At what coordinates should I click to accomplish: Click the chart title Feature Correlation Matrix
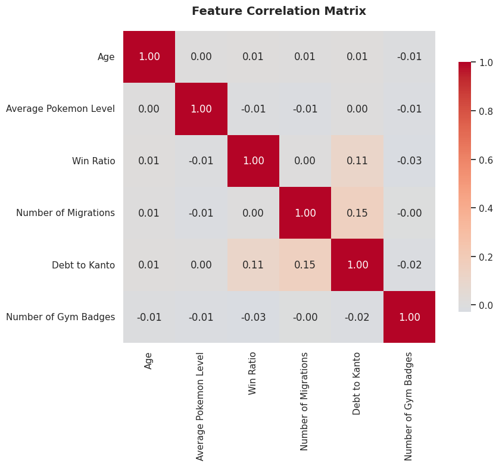(279, 11)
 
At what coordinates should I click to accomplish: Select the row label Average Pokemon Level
(60, 109)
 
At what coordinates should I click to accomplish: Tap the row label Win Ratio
(93, 161)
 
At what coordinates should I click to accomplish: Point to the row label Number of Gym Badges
(60, 317)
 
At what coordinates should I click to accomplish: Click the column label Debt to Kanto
(357, 383)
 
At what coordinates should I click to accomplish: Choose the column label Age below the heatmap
(149, 361)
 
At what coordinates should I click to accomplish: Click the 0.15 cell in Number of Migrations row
(357, 213)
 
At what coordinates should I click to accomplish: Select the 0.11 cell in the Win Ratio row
(357, 161)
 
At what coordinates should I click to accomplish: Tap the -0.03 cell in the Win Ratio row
(409, 161)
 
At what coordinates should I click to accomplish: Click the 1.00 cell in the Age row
(149, 57)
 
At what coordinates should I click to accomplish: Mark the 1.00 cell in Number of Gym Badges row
(409, 317)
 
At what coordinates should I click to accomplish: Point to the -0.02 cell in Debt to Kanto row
(409, 265)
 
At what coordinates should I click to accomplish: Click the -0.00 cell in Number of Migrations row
(409, 213)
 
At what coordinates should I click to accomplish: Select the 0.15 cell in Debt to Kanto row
(305, 265)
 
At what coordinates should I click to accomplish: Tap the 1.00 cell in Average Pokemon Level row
(201, 109)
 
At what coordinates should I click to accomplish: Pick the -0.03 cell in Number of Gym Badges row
(253, 317)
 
